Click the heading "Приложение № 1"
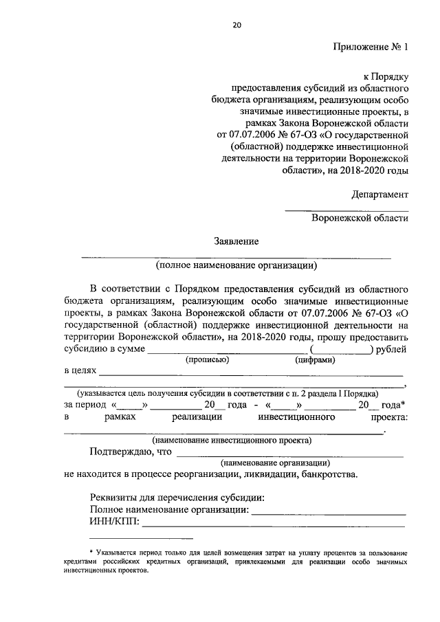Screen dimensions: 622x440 371,47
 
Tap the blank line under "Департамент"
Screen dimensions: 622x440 346,209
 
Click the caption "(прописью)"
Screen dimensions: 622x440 206,359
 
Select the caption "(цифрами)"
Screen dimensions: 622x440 315,359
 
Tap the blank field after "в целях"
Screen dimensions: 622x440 251,375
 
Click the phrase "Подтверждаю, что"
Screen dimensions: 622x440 130,452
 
